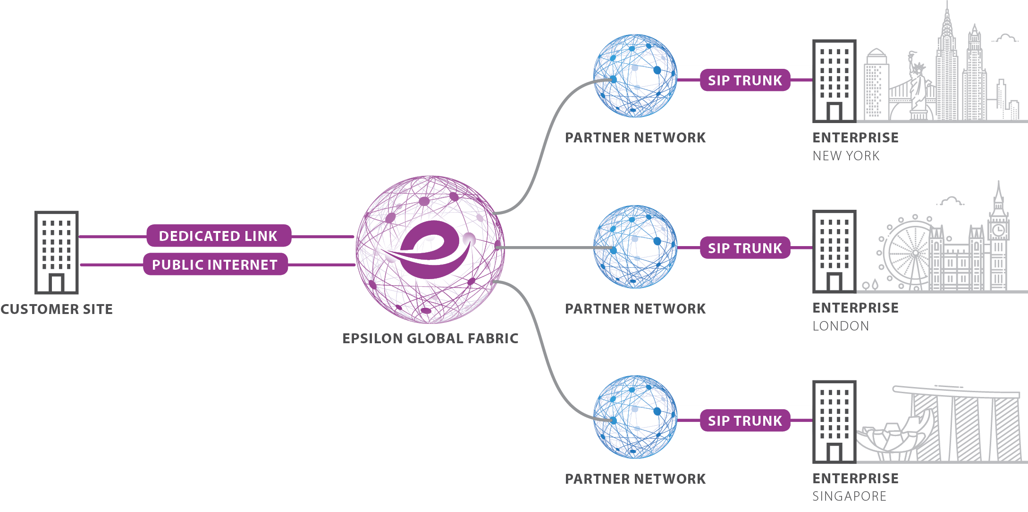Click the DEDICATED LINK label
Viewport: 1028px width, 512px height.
[x=218, y=236]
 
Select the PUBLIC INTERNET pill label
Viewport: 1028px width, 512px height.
[x=215, y=265]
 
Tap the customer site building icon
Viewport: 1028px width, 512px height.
[x=57, y=253]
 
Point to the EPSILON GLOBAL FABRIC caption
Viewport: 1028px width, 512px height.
[x=430, y=339]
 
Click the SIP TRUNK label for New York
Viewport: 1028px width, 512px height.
[x=745, y=81]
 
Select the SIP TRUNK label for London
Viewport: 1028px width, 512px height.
[x=745, y=248]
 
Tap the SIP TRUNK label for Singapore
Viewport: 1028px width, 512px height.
[x=745, y=421]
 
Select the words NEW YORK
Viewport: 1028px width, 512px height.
[x=846, y=156]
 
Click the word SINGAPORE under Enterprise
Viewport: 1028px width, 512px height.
[x=849, y=496]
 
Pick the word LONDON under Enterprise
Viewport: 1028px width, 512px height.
[x=841, y=326]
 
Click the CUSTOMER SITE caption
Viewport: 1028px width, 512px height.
[x=57, y=309]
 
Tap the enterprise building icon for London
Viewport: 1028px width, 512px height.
[x=834, y=252]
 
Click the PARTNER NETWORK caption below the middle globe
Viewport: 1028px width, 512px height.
[x=635, y=309]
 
